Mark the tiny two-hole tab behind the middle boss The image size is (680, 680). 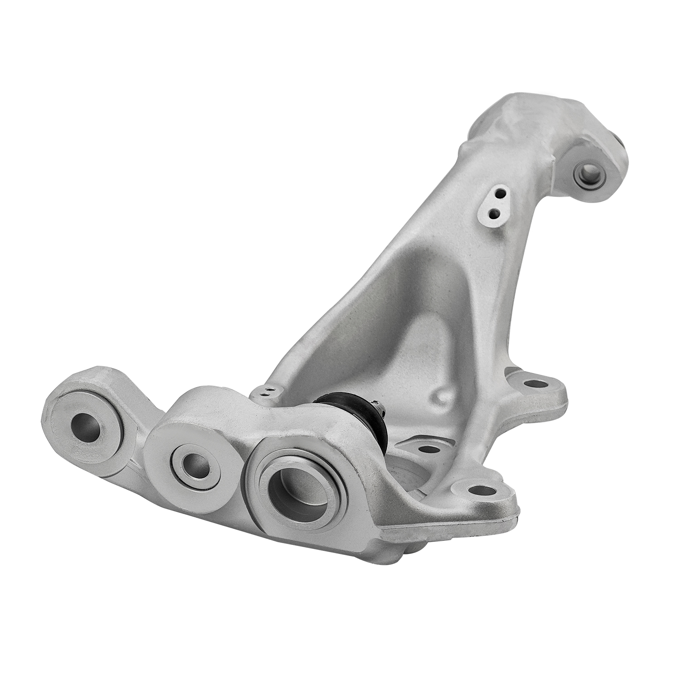[x=267, y=391]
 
